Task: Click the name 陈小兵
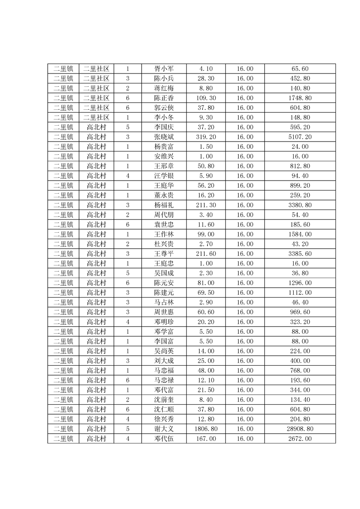[x=163, y=78]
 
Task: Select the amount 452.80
[x=301, y=78]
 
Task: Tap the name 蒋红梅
[x=163, y=88]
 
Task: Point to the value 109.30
[x=206, y=98]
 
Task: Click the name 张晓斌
[x=163, y=137]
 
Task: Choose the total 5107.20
[x=301, y=137]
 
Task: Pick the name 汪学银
[x=163, y=176]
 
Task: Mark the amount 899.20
[x=301, y=186]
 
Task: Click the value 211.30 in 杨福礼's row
[x=206, y=205]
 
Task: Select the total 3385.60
[x=301, y=254]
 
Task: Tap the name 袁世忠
[x=163, y=225]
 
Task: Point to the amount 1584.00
[x=301, y=234]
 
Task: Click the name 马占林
[x=163, y=302]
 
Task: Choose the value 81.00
[x=206, y=283]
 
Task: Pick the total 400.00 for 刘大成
[x=301, y=361]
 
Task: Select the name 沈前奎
[x=163, y=400]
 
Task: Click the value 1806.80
[x=206, y=429]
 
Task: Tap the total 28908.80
[x=301, y=429]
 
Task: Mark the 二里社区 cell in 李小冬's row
[x=96, y=117]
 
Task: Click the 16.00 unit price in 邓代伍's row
[x=245, y=439]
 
